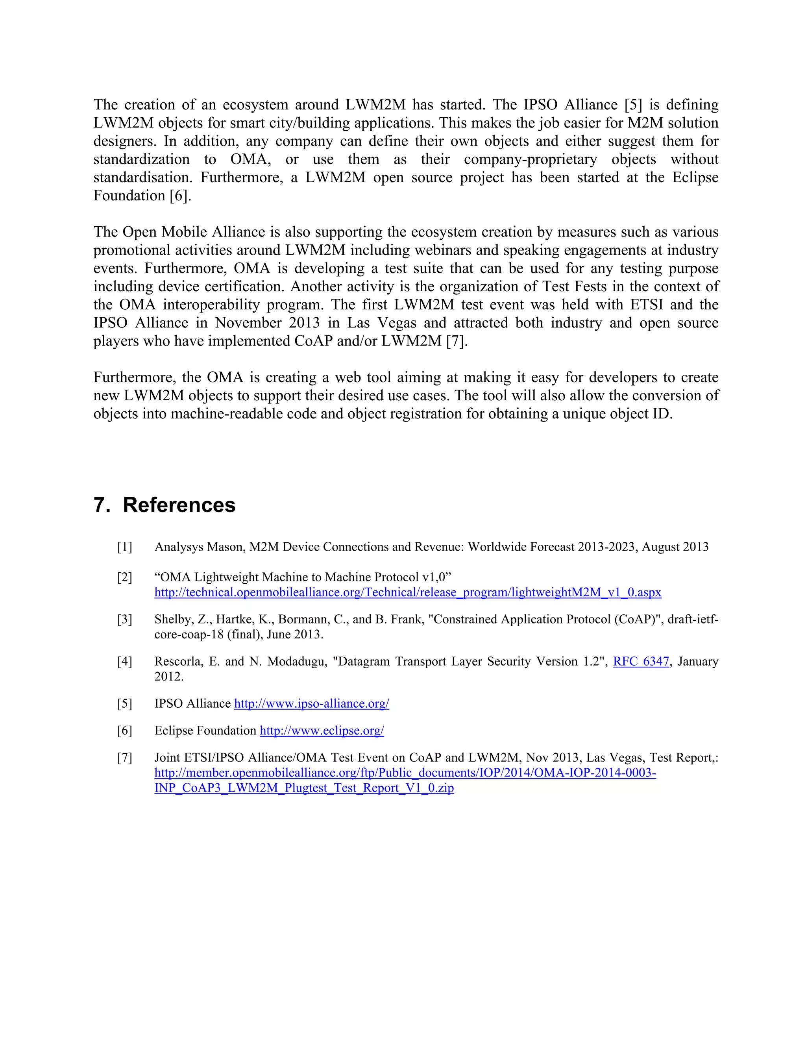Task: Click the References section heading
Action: click(x=179, y=505)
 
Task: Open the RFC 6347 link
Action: click(x=641, y=662)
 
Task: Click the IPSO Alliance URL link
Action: click(x=311, y=703)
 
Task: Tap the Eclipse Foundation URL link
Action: click(x=322, y=730)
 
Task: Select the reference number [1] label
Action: click(x=125, y=547)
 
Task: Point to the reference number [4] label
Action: click(x=125, y=662)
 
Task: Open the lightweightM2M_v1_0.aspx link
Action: click(x=408, y=592)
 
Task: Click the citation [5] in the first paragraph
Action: click(x=633, y=105)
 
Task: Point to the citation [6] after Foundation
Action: click(x=180, y=196)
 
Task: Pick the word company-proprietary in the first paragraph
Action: click(x=530, y=159)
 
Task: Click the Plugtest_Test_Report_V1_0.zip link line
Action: click(x=304, y=788)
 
